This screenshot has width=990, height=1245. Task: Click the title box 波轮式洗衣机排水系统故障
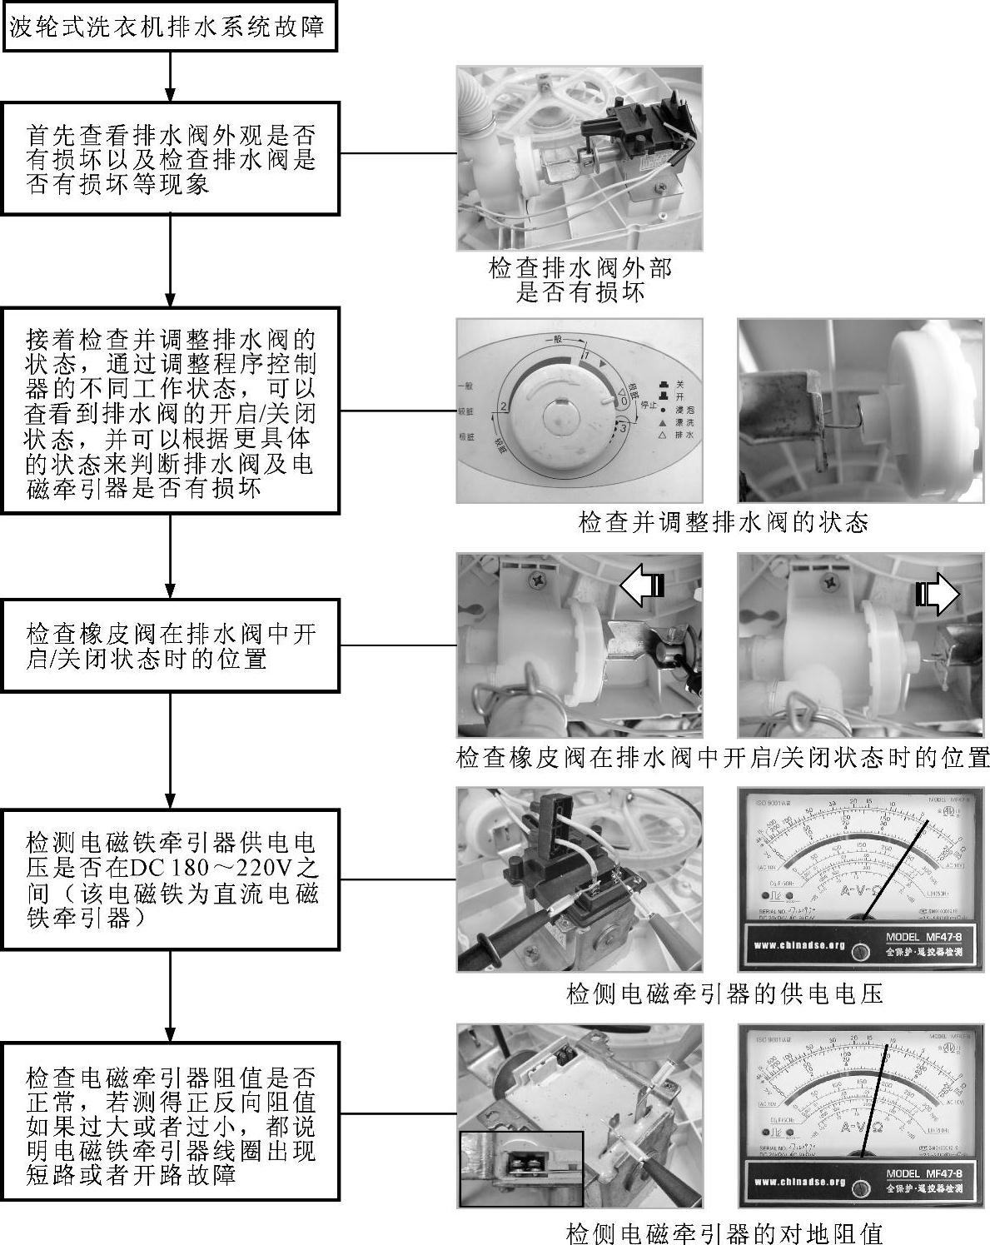[171, 27]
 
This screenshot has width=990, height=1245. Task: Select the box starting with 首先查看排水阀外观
[171, 158]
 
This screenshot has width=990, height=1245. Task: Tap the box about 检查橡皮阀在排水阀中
[171, 645]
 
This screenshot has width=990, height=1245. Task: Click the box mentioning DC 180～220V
[171, 879]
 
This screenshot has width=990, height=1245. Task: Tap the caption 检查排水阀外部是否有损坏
[580, 281]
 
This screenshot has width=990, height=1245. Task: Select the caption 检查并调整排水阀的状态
[723, 523]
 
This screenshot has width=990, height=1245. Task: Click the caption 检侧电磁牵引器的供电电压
[723, 994]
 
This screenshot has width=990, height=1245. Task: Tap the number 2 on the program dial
[503, 407]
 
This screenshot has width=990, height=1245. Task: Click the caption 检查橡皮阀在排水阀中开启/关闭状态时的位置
[723, 759]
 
